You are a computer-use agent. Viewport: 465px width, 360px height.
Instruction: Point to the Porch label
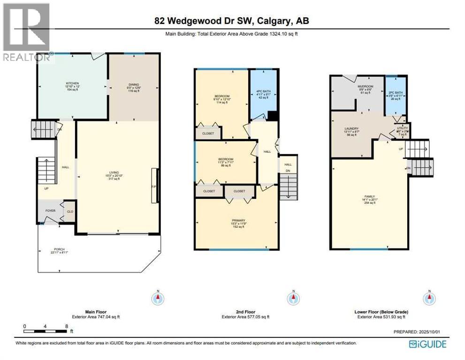click(x=59, y=249)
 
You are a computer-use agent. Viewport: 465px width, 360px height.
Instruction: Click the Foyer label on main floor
click(x=50, y=211)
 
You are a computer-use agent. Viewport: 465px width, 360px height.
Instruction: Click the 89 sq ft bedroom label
click(x=226, y=162)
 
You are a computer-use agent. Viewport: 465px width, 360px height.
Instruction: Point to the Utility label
click(x=403, y=129)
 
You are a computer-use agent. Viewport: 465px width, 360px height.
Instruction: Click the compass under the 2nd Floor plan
click(x=293, y=298)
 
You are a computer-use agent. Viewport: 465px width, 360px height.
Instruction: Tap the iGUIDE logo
click(x=427, y=345)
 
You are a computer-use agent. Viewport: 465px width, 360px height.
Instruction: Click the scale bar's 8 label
click(x=67, y=325)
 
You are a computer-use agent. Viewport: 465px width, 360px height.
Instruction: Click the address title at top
click(x=232, y=21)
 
